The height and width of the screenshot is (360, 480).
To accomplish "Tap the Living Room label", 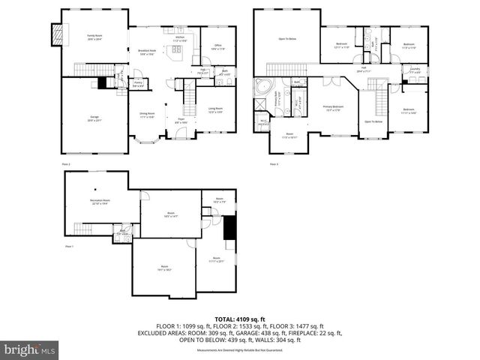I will (215, 109).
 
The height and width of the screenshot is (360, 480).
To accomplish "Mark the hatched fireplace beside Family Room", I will (54, 32).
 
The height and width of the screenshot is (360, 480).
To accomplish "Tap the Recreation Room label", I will (100, 201).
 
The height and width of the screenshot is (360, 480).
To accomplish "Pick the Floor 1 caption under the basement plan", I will (69, 246).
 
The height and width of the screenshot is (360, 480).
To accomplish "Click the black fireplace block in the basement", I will (230, 226).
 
